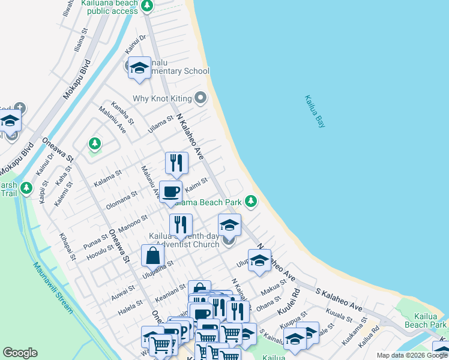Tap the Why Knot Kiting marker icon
(x=200, y=98)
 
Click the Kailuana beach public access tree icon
(x=147, y=7)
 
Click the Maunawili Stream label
(x=53, y=289)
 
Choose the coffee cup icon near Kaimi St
(x=170, y=192)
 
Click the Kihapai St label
(x=65, y=248)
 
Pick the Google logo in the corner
(x=20, y=353)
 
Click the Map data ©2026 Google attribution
(x=411, y=355)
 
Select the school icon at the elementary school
(x=140, y=68)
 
